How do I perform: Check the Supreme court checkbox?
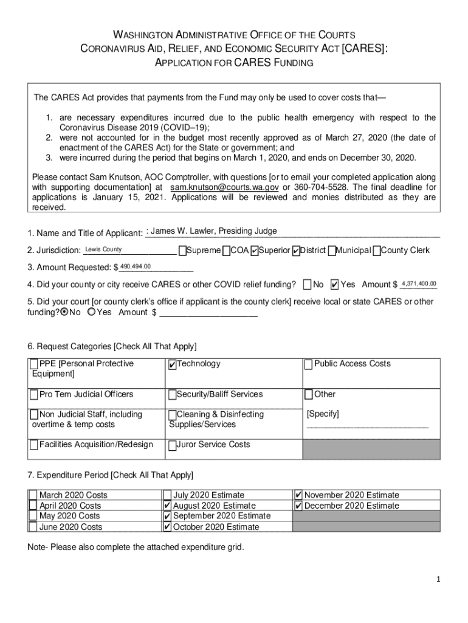(x=182, y=251)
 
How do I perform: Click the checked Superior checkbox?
(x=254, y=251)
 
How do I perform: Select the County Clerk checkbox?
(x=377, y=251)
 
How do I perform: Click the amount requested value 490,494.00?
(x=136, y=266)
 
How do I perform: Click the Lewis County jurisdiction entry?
(x=103, y=249)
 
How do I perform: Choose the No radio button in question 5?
(x=64, y=312)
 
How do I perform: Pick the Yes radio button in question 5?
(x=91, y=312)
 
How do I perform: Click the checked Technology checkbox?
(x=173, y=364)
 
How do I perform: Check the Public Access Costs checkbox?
(x=309, y=364)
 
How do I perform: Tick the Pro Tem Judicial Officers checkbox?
(x=34, y=395)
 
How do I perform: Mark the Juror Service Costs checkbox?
(x=173, y=445)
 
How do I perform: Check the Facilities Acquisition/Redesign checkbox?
(x=34, y=445)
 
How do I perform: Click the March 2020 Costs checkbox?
(x=32, y=495)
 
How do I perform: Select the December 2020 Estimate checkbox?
(x=298, y=506)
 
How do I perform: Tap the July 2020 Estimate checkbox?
(x=167, y=495)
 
